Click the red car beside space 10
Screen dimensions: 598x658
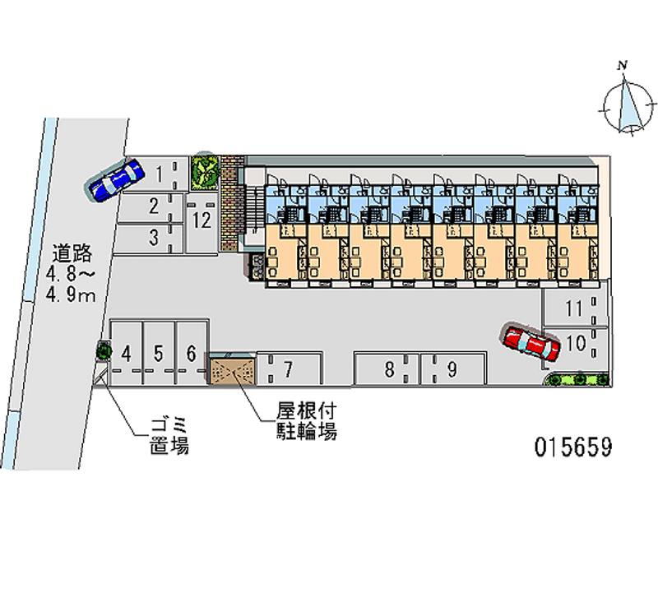click(531, 342)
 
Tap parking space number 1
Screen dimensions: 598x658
click(160, 174)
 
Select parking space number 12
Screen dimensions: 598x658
click(202, 220)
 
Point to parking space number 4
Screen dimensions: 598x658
click(127, 354)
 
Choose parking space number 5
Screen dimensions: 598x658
click(160, 354)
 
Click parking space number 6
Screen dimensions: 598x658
click(191, 354)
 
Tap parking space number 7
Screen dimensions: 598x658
click(288, 369)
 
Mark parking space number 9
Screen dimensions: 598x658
click(452, 369)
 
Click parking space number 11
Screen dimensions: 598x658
click(575, 309)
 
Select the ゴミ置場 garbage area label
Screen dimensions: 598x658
click(169, 436)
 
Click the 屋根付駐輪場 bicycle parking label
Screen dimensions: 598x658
click(306, 420)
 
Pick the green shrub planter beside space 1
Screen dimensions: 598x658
click(205, 170)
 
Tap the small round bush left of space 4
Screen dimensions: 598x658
click(104, 351)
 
